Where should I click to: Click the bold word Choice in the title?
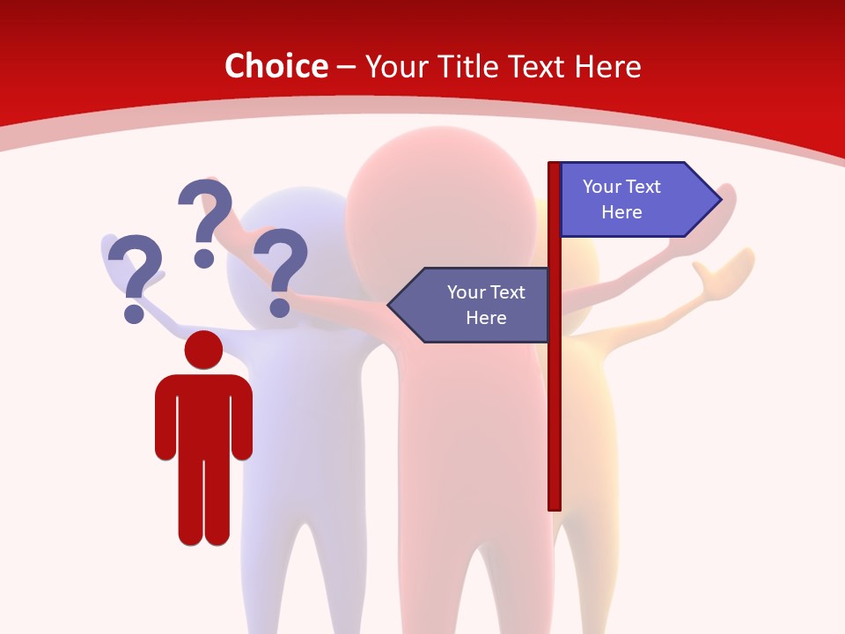pyautogui.click(x=276, y=66)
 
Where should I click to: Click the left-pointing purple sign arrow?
pyautogui.click(x=471, y=305)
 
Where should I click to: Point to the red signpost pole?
pyautogui.click(x=555, y=396)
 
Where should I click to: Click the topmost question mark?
pyautogui.click(x=207, y=216)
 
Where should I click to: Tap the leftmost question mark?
pyautogui.click(x=135, y=273)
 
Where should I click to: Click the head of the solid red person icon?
pyautogui.click(x=204, y=350)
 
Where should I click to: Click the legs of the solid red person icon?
pyautogui.click(x=204, y=502)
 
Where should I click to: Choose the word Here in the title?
pyautogui.click(x=607, y=66)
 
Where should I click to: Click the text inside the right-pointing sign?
pyautogui.click(x=621, y=199)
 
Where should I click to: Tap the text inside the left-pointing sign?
pyautogui.click(x=485, y=305)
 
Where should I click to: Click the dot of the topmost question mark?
pyautogui.click(x=204, y=258)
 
